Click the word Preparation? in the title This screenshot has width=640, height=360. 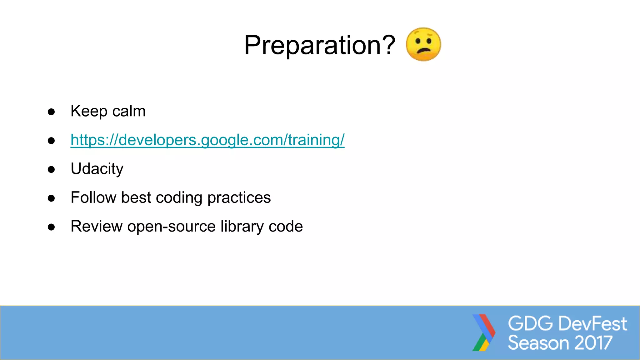pyautogui.click(x=319, y=45)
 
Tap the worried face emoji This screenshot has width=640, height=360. pyautogui.click(x=423, y=44)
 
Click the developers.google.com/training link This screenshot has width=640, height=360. pyautogui.click(x=207, y=140)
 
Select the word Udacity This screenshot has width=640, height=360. pyautogui.click(x=97, y=169)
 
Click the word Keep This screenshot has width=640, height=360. pyautogui.click(x=89, y=111)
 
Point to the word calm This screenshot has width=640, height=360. pyautogui.click(x=129, y=111)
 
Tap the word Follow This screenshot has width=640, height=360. pyautogui.click(x=93, y=197)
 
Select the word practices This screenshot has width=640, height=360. pyautogui.click(x=239, y=197)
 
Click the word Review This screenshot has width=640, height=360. pyautogui.click(x=97, y=226)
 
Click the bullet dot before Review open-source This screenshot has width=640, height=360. pyautogui.click(x=51, y=227)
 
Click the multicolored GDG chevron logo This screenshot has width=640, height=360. pyautogui.click(x=483, y=332)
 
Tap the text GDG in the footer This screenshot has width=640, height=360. pyautogui.click(x=530, y=323)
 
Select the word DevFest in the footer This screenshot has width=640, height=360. pyautogui.click(x=592, y=323)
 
